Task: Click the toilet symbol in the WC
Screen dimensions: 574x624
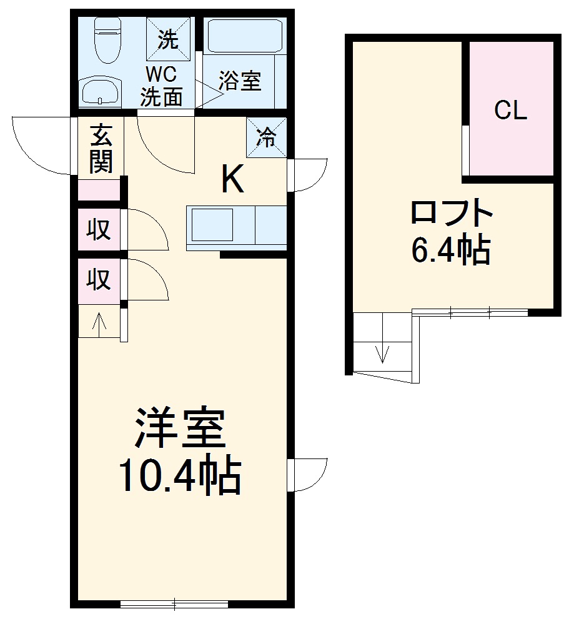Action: [x=107, y=40]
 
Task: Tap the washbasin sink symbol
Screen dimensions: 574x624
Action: [x=100, y=91]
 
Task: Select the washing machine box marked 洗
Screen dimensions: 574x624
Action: [x=168, y=39]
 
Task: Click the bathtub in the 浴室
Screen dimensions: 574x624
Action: [x=245, y=36]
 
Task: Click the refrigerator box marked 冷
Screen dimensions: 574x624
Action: [x=266, y=137]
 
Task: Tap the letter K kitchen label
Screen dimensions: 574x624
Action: [x=232, y=179]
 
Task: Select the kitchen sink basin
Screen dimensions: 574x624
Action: [x=212, y=225]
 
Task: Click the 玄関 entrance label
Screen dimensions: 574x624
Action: [x=101, y=149]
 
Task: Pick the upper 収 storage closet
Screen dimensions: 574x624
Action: [x=99, y=230]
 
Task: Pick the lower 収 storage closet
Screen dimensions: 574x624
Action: [x=99, y=280]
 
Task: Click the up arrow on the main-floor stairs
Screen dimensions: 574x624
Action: [x=99, y=321]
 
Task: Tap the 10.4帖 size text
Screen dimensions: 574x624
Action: [x=181, y=477]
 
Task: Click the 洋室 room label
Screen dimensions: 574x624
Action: [x=181, y=427]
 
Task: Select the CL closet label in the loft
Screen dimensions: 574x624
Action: [x=511, y=110]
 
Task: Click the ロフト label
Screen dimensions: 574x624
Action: [x=452, y=212]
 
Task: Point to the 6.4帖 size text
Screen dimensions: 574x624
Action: [x=450, y=250]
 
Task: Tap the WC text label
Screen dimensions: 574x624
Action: [x=162, y=74]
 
